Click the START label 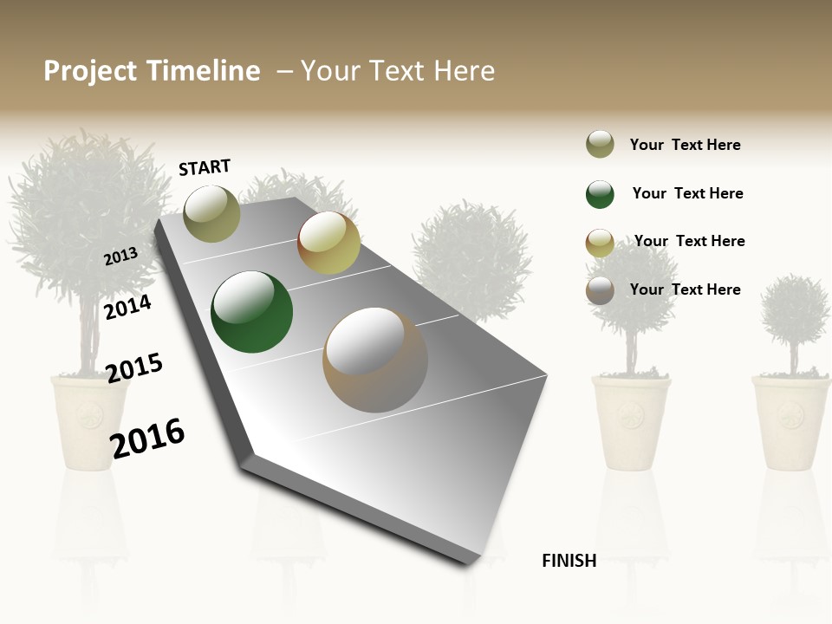click(205, 167)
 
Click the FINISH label click(569, 561)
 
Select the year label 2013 click(120, 257)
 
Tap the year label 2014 click(127, 307)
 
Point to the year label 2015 click(134, 368)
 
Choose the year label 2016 click(147, 438)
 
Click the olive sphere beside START click(211, 213)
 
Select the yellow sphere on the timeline click(328, 243)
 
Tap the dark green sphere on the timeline click(251, 312)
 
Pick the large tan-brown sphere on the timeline click(374, 359)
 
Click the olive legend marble click(600, 145)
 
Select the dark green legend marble click(600, 194)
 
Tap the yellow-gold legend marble click(600, 243)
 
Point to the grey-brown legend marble click(600, 291)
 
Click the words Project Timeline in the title click(152, 71)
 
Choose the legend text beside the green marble click(687, 193)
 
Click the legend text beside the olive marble click(685, 145)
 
